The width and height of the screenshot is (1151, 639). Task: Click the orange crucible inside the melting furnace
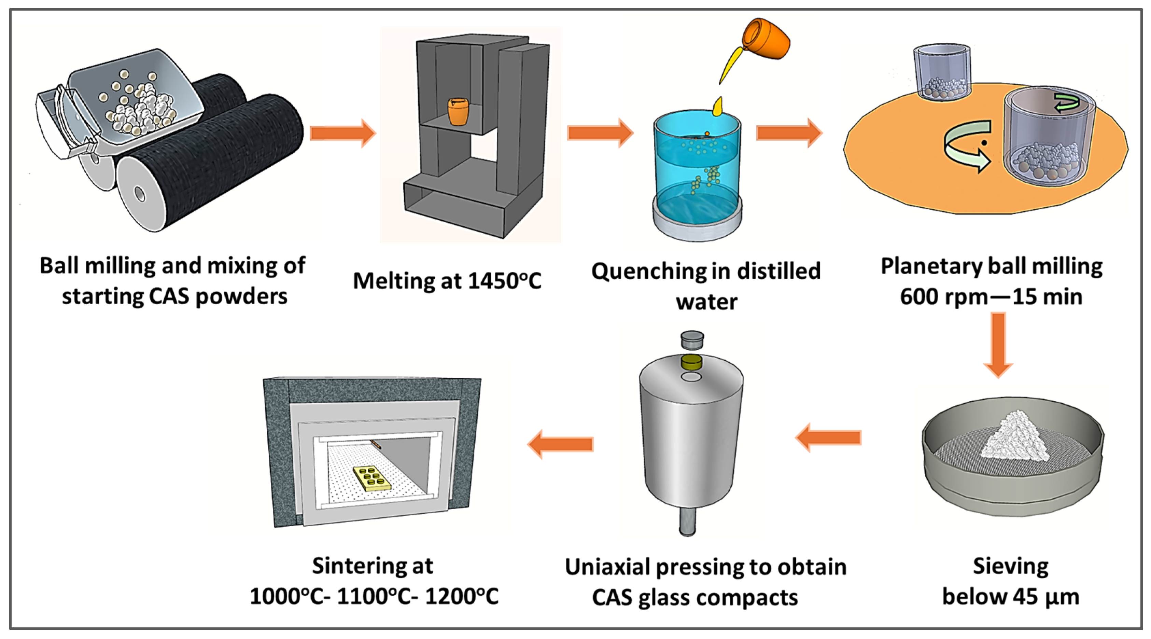pyautogui.click(x=458, y=112)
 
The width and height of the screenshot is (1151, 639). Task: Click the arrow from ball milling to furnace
pyautogui.click(x=342, y=133)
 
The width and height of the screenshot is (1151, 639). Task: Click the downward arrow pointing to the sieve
pyautogui.click(x=998, y=344)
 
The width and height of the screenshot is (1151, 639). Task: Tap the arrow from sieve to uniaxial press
pyautogui.click(x=829, y=437)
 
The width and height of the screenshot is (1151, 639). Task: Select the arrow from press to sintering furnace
pyautogui.click(x=561, y=444)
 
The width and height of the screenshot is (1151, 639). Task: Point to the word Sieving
pyautogui.click(x=1011, y=567)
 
